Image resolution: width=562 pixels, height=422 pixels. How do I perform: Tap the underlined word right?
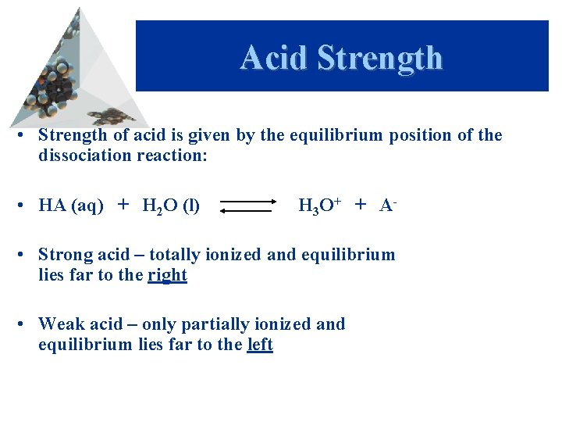click(167, 274)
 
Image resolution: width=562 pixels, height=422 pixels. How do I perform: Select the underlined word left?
click(260, 344)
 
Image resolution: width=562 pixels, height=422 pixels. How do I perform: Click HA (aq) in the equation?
click(70, 206)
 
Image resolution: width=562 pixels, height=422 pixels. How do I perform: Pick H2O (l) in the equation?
click(170, 206)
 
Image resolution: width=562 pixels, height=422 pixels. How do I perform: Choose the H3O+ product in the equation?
click(318, 206)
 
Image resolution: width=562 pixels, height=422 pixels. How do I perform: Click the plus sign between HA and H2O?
click(123, 206)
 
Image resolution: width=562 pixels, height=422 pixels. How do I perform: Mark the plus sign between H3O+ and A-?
click(361, 205)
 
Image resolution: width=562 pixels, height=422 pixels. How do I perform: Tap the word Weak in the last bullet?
click(60, 324)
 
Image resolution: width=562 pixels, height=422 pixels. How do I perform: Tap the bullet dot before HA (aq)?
click(26, 206)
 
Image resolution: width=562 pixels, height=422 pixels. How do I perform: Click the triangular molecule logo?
click(66, 74)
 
